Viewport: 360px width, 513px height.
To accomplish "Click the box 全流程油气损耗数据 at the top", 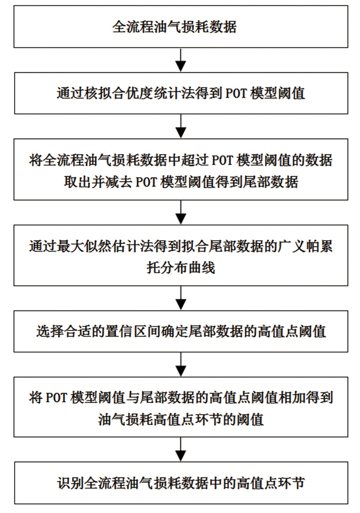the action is [180, 27].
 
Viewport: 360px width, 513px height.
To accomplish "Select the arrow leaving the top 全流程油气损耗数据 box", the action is [181, 60].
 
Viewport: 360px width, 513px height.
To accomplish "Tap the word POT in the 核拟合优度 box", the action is [236, 93].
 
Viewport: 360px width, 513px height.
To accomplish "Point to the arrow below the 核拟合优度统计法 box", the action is [181, 126].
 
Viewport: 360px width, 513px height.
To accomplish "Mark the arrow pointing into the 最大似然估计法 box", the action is [181, 212].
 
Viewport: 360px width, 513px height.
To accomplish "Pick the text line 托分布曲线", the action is [181, 267].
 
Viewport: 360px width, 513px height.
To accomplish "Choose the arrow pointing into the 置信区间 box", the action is [181, 298].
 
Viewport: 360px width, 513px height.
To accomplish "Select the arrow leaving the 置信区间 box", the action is [181, 364].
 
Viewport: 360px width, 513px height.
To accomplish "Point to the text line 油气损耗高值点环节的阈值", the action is [181, 419].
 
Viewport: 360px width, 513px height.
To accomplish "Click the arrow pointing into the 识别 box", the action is [181, 449].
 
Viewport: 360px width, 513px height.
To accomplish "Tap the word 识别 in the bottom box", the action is [71, 483].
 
